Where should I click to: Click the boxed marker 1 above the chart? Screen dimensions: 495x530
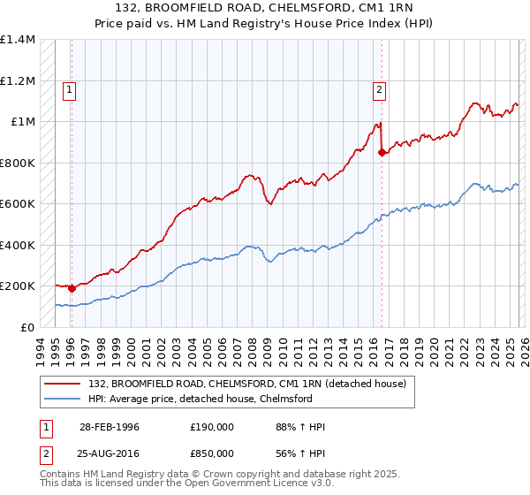[x=69, y=88]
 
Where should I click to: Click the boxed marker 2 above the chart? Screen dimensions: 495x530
[x=379, y=88]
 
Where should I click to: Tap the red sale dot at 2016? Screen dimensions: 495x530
[x=382, y=152]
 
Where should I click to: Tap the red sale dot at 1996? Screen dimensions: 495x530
[x=72, y=288]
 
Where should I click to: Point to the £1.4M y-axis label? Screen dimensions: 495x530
[x=18, y=40]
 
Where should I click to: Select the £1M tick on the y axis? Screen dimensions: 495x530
[x=23, y=122]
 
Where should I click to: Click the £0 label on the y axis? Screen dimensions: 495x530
[x=28, y=327]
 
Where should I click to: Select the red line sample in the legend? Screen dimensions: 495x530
[x=63, y=384]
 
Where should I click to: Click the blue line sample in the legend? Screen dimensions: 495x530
[x=63, y=399]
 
